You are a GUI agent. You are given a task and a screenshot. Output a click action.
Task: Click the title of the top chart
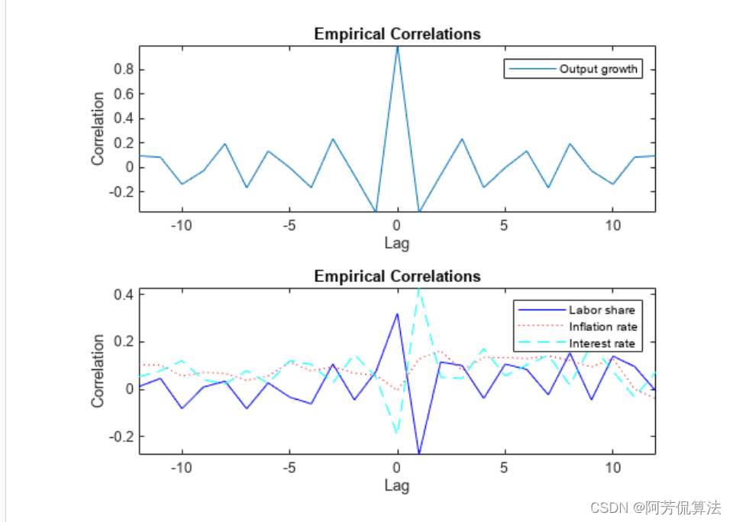coord(397,34)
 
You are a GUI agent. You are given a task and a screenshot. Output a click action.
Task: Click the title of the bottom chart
coord(397,276)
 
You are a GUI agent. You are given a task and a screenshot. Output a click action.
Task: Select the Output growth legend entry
coord(598,70)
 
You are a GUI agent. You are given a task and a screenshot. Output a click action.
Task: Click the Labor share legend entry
coord(602,310)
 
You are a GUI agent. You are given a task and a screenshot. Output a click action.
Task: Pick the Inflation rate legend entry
coord(602,326)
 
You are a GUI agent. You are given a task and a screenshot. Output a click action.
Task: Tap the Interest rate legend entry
coord(602,343)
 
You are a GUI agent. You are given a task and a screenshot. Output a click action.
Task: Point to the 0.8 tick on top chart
coord(124,70)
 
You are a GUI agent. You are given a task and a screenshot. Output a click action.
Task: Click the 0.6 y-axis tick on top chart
coord(124,94)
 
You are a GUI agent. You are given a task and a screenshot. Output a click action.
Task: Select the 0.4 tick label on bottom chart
coord(124,294)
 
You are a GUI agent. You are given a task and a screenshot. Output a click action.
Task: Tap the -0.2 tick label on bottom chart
coord(121,436)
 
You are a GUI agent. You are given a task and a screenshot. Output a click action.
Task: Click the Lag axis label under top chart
coord(397,243)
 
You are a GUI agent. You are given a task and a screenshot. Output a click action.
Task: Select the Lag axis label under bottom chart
coord(397,485)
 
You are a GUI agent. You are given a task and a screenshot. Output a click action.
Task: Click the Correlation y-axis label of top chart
coord(98,128)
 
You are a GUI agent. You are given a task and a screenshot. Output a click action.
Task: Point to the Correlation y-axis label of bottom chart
coord(98,371)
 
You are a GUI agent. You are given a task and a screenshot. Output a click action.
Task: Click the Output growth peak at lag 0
coord(397,47)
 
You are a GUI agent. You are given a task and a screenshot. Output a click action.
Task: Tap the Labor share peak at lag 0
coord(397,313)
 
